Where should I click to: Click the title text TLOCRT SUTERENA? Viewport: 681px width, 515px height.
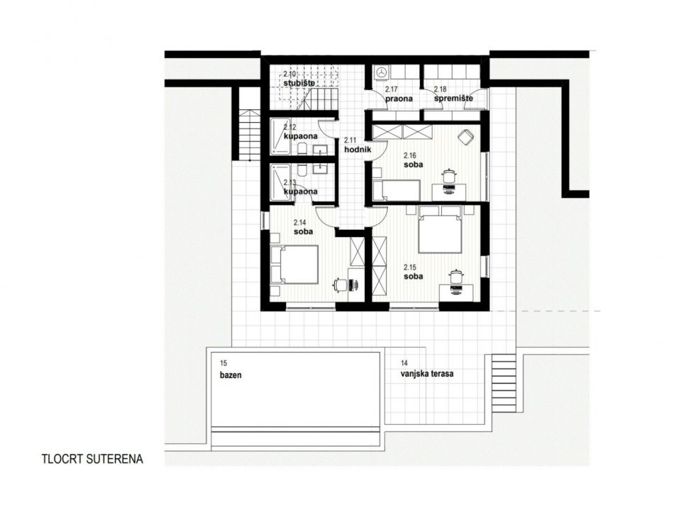click(92, 459)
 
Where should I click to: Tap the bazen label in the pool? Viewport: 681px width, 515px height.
click(231, 375)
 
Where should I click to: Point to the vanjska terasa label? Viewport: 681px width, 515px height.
click(427, 373)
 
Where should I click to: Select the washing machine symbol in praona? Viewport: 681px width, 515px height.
click(382, 72)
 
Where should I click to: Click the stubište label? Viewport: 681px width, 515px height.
click(299, 82)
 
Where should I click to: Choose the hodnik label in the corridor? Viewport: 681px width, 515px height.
click(358, 150)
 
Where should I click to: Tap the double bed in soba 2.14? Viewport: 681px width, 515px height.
click(294, 265)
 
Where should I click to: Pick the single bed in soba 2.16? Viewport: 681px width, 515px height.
click(397, 190)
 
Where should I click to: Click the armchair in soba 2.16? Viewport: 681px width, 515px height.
click(465, 137)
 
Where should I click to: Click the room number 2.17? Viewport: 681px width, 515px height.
click(392, 90)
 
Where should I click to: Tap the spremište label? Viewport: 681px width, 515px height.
click(453, 99)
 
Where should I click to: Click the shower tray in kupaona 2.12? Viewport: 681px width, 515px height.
click(281, 136)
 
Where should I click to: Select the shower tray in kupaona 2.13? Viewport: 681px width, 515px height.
click(281, 183)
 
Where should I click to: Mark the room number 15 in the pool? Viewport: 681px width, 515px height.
click(223, 363)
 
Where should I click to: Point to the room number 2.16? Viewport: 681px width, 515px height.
click(410, 155)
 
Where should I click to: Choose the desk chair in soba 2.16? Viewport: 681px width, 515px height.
click(448, 177)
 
